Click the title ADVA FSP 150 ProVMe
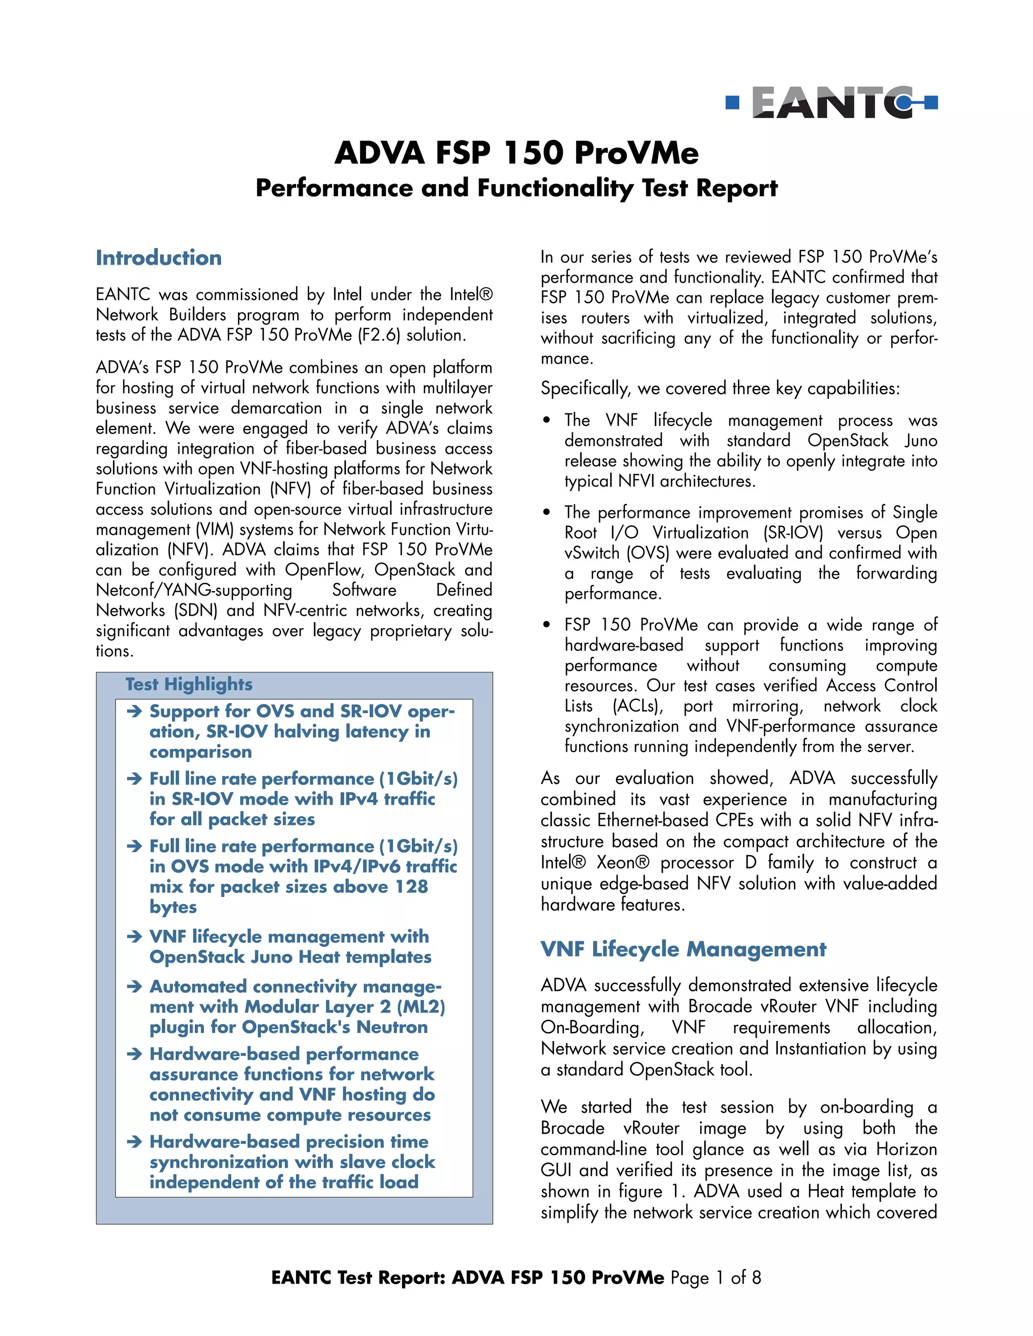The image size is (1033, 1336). pyautogui.click(x=516, y=153)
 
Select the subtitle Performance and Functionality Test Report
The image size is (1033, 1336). pyautogui.click(x=516, y=188)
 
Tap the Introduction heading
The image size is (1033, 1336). pyautogui.click(x=158, y=258)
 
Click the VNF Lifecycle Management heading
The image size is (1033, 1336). pyautogui.click(x=683, y=949)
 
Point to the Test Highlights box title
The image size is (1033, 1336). pyautogui.click(x=189, y=684)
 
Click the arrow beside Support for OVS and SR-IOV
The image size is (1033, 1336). pyautogui.click(x=134, y=711)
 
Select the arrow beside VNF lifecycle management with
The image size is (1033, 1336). pyautogui.click(x=134, y=937)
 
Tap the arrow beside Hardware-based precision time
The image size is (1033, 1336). pyautogui.click(x=134, y=1141)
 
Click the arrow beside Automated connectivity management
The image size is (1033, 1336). pyautogui.click(x=134, y=987)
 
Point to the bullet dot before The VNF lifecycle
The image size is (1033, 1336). pyautogui.click(x=546, y=421)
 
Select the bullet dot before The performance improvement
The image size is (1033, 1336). pyautogui.click(x=546, y=513)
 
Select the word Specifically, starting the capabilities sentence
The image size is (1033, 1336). pyautogui.click(x=585, y=388)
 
